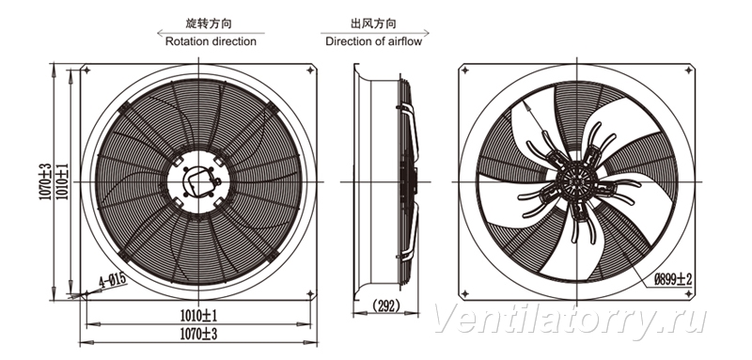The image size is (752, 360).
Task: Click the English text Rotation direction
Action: tap(211, 41)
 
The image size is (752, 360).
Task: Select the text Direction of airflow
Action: tap(373, 41)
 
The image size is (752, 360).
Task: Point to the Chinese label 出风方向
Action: tap(373, 23)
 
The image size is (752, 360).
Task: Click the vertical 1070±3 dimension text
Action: tap(45, 181)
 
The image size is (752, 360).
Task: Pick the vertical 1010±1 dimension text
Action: tap(63, 181)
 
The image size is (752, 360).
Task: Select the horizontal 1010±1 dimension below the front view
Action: tap(199, 316)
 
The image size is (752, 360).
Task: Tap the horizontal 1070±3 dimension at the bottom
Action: tap(199, 333)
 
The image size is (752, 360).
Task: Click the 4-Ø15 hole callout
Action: tap(112, 280)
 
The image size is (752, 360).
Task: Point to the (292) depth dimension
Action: tap(386, 305)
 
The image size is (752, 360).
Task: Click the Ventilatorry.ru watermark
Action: tap(570, 319)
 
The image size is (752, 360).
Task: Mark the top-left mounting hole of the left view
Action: tap(86, 70)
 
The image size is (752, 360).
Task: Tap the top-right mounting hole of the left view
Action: tap(310, 70)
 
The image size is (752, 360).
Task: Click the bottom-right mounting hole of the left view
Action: tap(310, 293)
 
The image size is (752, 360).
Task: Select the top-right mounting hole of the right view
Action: tap(688, 70)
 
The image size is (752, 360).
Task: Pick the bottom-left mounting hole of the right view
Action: tap(464, 293)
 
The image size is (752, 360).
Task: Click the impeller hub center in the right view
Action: tap(576, 181)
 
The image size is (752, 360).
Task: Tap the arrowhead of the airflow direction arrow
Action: tap(426, 33)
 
